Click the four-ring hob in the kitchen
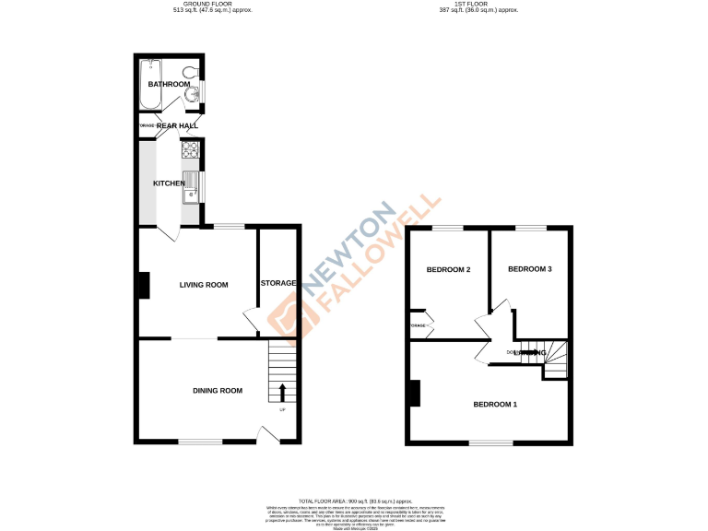pyautogui.click(x=193, y=150)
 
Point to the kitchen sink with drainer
pyautogui.click(x=194, y=183)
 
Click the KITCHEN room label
pyautogui.click(x=170, y=183)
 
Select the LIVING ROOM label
pyautogui.click(x=203, y=285)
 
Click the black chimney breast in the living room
pyautogui.click(x=145, y=285)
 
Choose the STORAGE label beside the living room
pyautogui.click(x=278, y=283)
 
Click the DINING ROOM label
pyautogui.click(x=218, y=391)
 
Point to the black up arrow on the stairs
pyautogui.click(x=282, y=394)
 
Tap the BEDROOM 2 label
pyautogui.click(x=449, y=270)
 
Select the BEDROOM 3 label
pyautogui.click(x=530, y=269)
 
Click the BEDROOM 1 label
pyautogui.click(x=496, y=405)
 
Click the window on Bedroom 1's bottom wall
pyautogui.click(x=490, y=443)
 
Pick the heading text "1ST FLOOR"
pyautogui.click(x=479, y=5)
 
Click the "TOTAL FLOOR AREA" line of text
pyautogui.click(x=354, y=498)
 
